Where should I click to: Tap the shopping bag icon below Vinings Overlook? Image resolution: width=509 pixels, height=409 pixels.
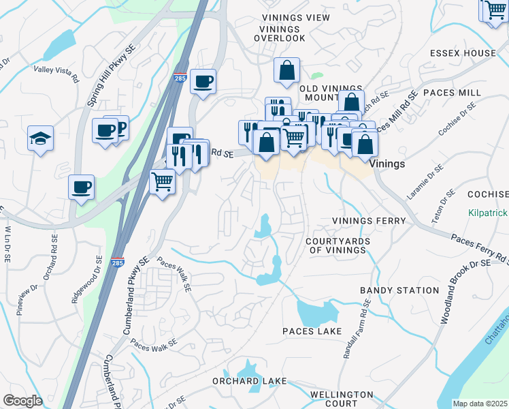[x=287, y=70]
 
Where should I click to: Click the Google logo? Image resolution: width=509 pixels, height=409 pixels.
[x=22, y=401]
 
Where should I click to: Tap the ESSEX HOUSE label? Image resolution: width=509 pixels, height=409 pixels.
[x=463, y=52]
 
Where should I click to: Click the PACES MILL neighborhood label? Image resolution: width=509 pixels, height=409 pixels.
[x=451, y=91]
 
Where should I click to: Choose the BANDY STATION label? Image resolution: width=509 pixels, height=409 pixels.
[x=399, y=290]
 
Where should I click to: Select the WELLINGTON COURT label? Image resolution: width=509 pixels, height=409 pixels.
[x=342, y=399]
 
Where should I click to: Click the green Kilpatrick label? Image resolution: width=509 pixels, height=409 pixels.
[x=488, y=213]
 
